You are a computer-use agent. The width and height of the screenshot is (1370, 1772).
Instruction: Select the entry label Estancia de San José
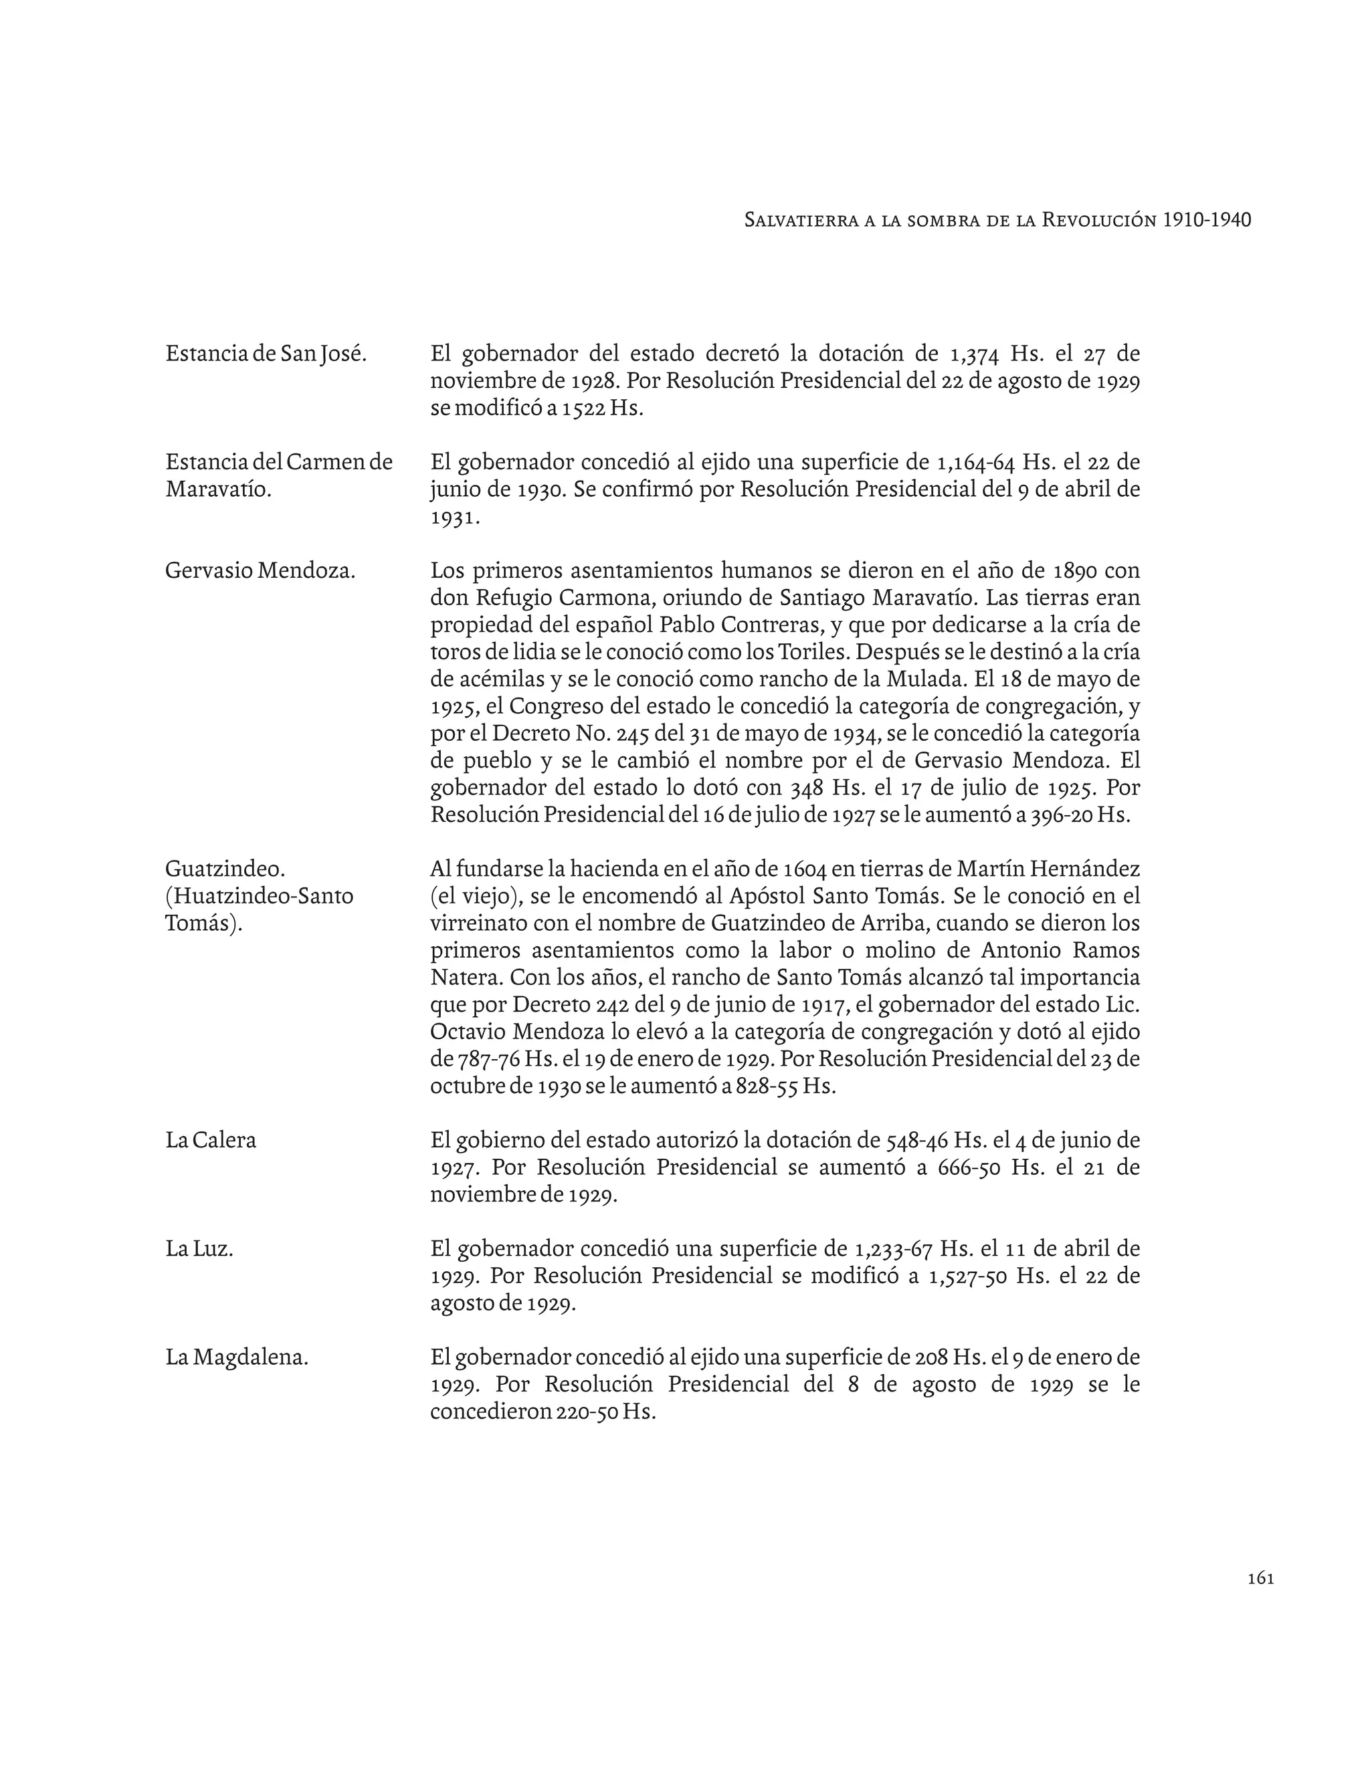[266, 354]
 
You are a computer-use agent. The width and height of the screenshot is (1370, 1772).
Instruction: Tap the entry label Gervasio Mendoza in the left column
[260, 570]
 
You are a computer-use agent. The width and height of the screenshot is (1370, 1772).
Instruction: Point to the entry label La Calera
[210, 1140]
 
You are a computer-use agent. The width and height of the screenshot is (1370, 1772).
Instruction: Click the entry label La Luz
[199, 1248]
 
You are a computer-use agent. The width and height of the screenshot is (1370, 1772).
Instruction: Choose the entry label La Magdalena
[237, 1357]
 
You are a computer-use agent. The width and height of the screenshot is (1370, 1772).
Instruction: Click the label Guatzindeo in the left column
[225, 869]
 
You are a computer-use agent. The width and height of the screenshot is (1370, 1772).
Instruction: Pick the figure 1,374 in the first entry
[973, 354]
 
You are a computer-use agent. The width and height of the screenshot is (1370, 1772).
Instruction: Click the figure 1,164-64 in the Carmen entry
[975, 463]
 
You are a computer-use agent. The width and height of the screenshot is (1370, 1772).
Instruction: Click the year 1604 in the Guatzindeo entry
[805, 870]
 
